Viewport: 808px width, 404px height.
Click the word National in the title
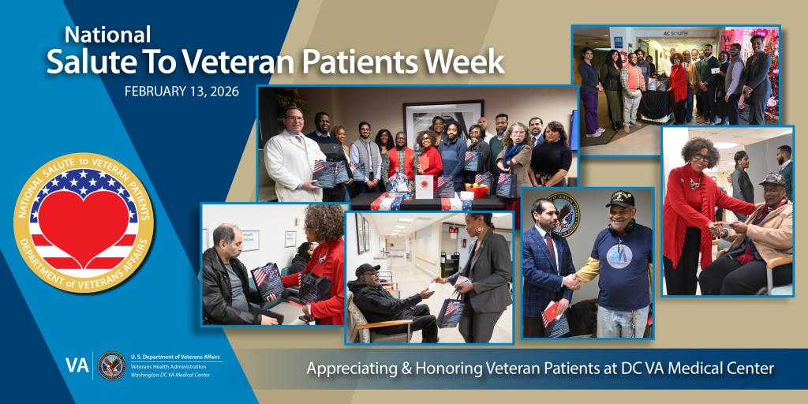coord(107,35)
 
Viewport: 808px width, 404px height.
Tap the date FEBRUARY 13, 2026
coord(181,91)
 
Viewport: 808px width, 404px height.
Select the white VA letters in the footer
coord(77,365)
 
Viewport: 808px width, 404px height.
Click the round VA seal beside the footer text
coord(112,365)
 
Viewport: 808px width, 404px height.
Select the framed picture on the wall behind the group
coord(443,118)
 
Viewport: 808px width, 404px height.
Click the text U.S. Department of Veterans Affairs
coord(175,357)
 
